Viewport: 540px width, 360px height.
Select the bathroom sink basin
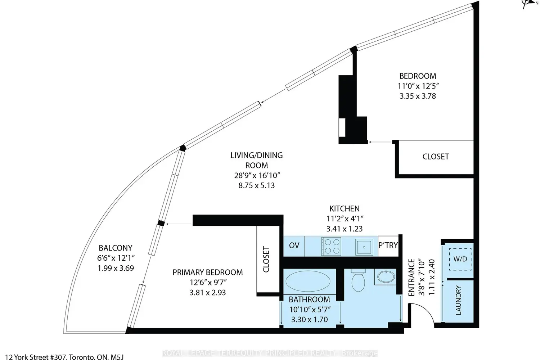click(x=386, y=277)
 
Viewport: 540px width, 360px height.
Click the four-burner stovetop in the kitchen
click(x=331, y=246)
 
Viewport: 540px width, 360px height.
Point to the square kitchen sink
click(x=364, y=247)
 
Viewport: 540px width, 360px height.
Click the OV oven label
click(x=294, y=246)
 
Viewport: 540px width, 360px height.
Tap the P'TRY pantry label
click(x=388, y=245)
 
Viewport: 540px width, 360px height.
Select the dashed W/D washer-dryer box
click(x=460, y=259)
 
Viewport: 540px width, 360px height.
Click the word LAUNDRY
click(x=458, y=300)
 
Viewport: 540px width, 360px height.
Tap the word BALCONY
click(x=116, y=248)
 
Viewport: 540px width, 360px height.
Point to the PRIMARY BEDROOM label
click(x=208, y=273)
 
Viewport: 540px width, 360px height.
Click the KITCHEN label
click(x=345, y=208)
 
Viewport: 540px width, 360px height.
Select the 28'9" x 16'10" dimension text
click(x=257, y=175)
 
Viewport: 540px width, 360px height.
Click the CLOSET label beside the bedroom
click(x=436, y=157)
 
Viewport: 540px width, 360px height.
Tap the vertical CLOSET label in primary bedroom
click(x=266, y=260)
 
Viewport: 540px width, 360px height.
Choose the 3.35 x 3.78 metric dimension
click(x=418, y=96)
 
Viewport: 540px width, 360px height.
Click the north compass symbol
click(x=529, y=3)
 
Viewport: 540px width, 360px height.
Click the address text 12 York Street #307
click(x=36, y=357)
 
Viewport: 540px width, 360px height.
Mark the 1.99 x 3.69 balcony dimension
click(x=116, y=268)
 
